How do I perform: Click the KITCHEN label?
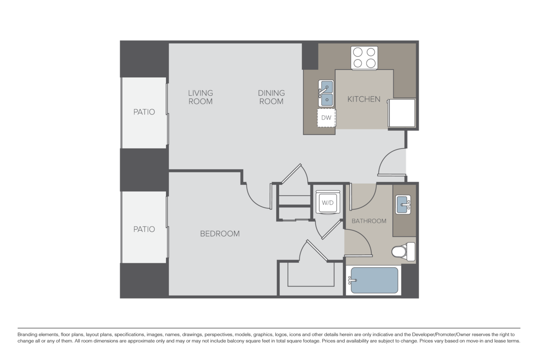coord(364,99)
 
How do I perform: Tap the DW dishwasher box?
coord(327,118)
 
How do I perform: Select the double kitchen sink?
coord(326,92)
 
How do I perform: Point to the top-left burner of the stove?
coord(358,52)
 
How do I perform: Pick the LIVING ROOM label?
coord(200,97)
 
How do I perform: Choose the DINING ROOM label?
coord(271,97)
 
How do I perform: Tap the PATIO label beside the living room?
coord(144,111)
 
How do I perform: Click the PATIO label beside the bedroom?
coord(144,229)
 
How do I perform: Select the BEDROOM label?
coord(220,234)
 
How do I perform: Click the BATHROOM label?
coord(369,221)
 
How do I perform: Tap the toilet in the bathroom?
coord(404,252)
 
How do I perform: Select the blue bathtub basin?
coord(375,280)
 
